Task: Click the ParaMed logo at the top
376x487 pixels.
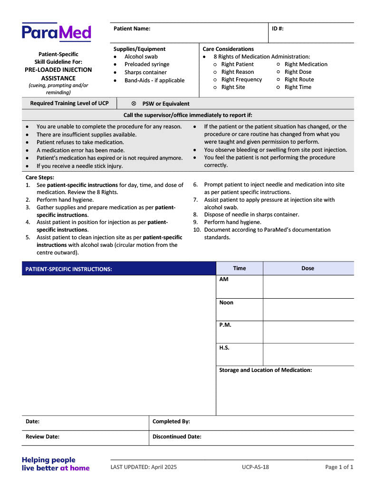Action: click(x=56, y=32)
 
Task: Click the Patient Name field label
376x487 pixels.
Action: click(x=132, y=29)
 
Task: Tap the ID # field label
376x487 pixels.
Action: click(x=278, y=29)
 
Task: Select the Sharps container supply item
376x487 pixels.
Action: click(x=145, y=72)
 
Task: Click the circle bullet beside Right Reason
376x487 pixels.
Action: click(x=216, y=72)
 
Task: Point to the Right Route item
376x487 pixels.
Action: click(x=299, y=79)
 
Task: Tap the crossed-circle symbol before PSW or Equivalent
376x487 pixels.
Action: click(x=134, y=104)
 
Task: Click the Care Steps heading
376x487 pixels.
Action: click(x=40, y=177)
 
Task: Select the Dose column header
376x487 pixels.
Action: click(x=308, y=268)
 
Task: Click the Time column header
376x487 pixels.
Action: click(x=240, y=268)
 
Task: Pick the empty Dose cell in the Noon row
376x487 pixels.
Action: click(x=308, y=309)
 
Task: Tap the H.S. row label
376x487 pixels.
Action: click(x=224, y=348)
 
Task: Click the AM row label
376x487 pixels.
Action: click(x=224, y=280)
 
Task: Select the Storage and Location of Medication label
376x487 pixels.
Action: click(x=265, y=370)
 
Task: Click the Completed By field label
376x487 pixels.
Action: click(x=171, y=422)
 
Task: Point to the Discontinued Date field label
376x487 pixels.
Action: click(x=177, y=437)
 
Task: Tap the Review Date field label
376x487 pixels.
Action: click(x=42, y=437)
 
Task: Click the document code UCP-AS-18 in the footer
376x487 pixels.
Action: click(x=255, y=467)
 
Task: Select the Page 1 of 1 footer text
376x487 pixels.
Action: click(x=339, y=467)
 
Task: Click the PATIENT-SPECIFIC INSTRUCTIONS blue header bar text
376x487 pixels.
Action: click(x=69, y=269)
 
